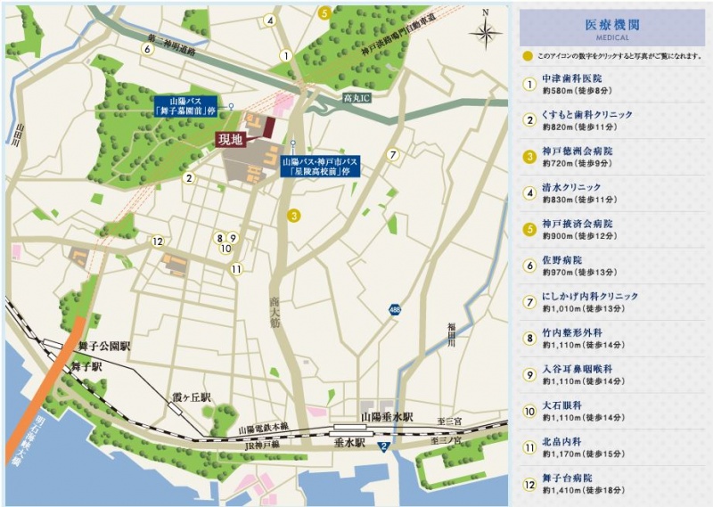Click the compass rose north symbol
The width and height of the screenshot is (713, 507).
(486, 33)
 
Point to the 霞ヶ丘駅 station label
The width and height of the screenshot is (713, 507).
(192, 396)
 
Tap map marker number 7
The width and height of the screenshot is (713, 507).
(392, 155)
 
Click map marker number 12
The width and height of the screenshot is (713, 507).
(158, 241)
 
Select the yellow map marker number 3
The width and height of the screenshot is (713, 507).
(292, 215)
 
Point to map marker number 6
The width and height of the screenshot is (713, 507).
(147, 49)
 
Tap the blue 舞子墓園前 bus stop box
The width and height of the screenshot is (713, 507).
(186, 106)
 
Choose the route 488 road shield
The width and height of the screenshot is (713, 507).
(394, 309)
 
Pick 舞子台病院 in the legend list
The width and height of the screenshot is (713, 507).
(570, 478)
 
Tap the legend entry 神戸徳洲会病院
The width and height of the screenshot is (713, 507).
(577, 151)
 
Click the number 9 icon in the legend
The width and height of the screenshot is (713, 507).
(529, 374)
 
